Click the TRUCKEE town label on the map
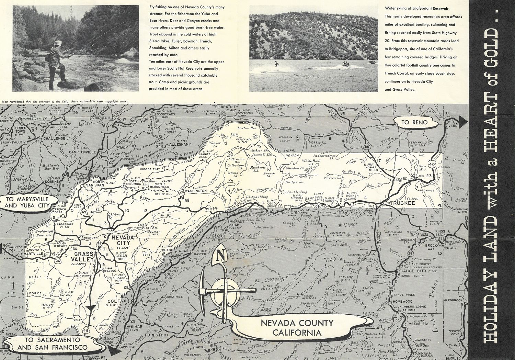tap(391, 203)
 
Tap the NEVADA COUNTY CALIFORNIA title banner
tap(296, 327)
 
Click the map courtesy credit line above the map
tap(65, 102)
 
